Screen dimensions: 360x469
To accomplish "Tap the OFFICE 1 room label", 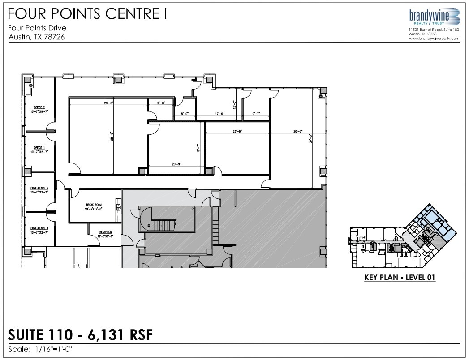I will point(39,148).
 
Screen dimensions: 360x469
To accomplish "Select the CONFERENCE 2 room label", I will point(39,188).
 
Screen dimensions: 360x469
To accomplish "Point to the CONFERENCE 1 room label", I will point(39,228).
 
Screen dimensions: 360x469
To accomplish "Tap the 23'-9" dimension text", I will point(237,132).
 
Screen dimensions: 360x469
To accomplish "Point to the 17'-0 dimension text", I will point(219,114).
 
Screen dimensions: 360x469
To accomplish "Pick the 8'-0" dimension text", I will point(184,114).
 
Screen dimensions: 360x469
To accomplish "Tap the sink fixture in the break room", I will point(118,206).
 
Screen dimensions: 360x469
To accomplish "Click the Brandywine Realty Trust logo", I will point(433,16).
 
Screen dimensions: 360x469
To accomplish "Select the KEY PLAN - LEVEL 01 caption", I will point(400,278).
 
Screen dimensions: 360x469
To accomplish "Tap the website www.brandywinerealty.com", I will point(434,39).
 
